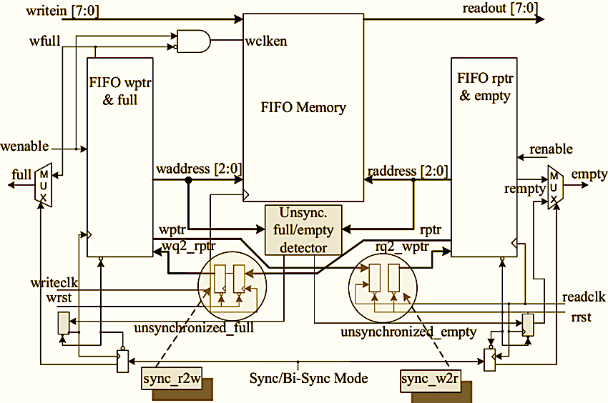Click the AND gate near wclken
(193, 41)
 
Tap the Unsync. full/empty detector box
(304, 230)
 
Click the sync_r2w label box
(172, 379)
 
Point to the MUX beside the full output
(44, 186)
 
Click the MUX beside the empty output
(554, 187)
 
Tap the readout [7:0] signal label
(500, 9)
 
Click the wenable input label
(25, 146)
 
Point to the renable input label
(550, 149)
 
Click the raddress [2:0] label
(407, 171)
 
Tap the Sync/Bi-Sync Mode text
(308, 377)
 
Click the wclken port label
(266, 41)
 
